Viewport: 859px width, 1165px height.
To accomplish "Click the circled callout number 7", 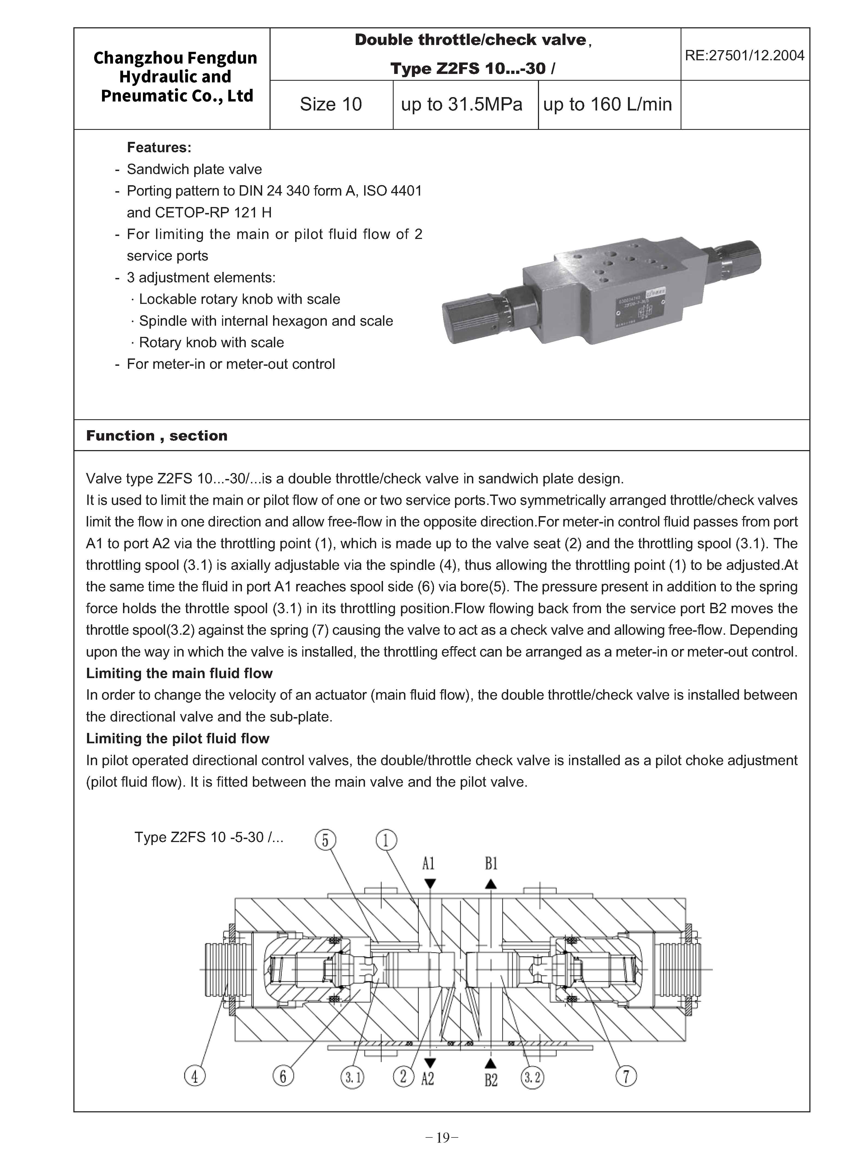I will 626,1076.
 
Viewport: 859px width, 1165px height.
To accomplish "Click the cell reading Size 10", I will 331,104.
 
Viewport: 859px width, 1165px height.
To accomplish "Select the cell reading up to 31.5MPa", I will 461,104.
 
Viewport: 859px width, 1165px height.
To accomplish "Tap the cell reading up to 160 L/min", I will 607,104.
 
